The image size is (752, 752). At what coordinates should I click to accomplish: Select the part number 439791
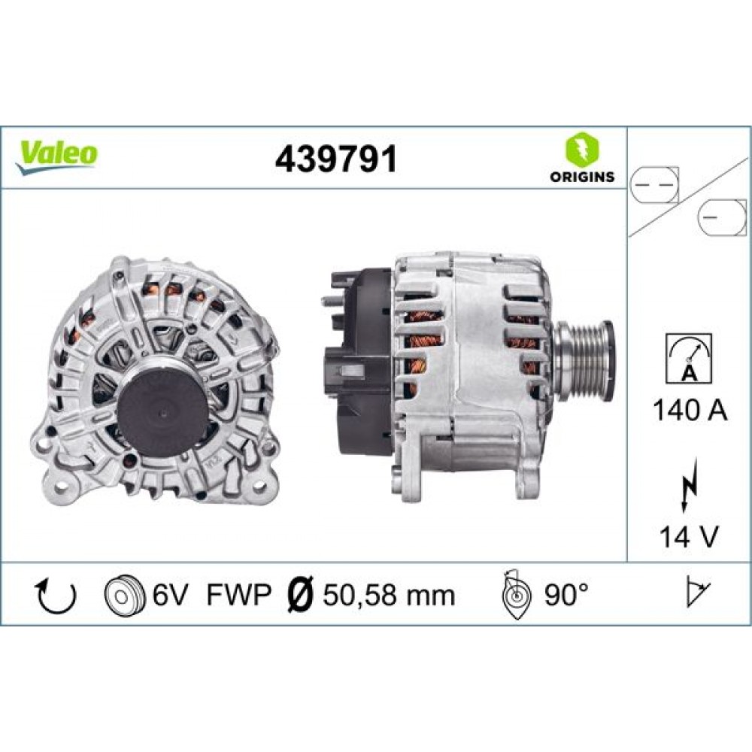click(x=335, y=159)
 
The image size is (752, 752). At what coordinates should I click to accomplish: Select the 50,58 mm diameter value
click(x=389, y=596)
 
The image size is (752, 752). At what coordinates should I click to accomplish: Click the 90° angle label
click(x=566, y=596)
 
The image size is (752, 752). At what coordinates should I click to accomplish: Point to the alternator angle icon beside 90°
click(x=517, y=594)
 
